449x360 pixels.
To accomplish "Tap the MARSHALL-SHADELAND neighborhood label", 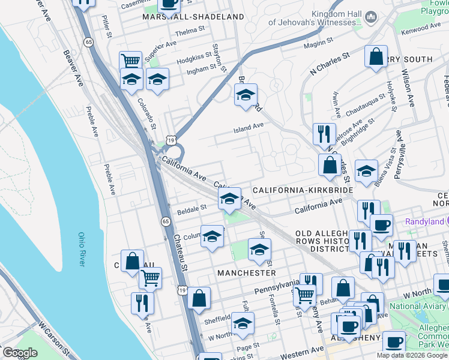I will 193,17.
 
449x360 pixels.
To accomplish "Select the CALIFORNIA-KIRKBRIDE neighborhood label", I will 303,190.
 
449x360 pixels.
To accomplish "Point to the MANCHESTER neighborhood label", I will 246,272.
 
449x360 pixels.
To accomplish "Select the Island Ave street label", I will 249,126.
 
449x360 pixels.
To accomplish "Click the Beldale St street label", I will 192,209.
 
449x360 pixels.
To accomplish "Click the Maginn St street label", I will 318,42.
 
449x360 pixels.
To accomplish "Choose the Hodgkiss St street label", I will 194,58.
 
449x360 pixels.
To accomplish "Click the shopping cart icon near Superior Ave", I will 130,61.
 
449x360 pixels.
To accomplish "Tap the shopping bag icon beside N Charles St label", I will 375,57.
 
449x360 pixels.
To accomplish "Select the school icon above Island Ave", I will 245,95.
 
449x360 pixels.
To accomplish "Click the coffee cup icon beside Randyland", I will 381,226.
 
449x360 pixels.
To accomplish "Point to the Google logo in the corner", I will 20,353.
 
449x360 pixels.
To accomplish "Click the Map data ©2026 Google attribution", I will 412,355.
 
